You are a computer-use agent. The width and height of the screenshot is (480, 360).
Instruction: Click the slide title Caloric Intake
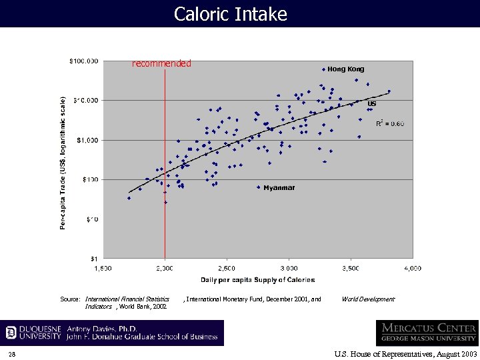(x=230, y=14)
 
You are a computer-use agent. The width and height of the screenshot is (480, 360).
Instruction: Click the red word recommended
(x=161, y=64)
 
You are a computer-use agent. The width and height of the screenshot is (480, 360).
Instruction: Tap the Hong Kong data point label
(x=345, y=69)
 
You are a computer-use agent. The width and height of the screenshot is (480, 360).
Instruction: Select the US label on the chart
(x=371, y=104)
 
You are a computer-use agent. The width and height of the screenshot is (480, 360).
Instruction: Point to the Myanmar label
(x=279, y=188)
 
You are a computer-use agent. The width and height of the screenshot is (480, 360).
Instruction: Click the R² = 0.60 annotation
(x=389, y=124)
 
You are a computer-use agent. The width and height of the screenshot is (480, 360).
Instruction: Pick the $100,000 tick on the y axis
(x=84, y=61)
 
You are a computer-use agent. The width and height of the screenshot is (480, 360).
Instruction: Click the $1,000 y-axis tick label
(x=87, y=140)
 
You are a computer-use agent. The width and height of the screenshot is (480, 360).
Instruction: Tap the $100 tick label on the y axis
(x=89, y=179)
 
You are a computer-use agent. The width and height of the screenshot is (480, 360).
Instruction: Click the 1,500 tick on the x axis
(x=103, y=268)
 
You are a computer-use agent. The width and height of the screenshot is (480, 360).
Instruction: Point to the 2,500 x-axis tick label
(x=227, y=268)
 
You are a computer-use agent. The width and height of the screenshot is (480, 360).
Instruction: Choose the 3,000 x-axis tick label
(x=289, y=268)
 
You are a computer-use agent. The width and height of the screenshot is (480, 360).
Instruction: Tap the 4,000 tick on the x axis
(x=412, y=268)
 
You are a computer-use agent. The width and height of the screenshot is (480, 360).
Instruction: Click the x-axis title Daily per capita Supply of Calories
(x=257, y=279)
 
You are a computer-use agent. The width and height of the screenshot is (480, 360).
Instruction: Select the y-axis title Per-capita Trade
(x=63, y=163)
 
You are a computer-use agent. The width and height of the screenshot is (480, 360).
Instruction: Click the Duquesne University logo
(x=33, y=333)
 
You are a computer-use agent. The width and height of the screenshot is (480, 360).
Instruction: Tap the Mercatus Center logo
(x=427, y=333)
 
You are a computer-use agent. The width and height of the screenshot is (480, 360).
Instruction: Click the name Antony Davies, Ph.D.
(x=104, y=329)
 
